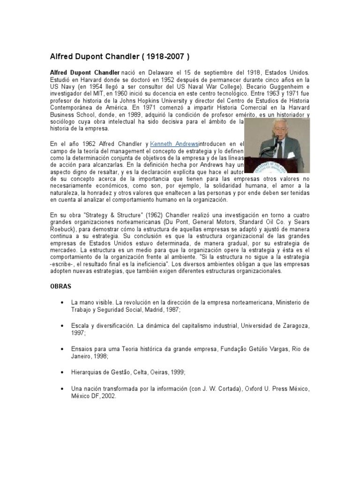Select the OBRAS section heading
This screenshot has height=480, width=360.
pos(61,285)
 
